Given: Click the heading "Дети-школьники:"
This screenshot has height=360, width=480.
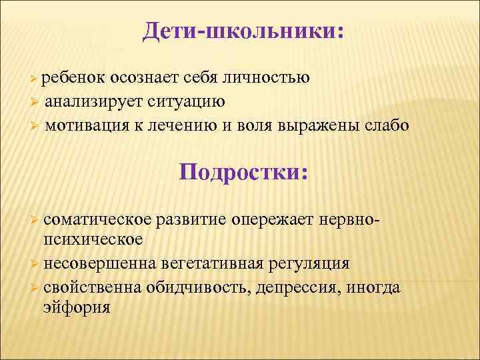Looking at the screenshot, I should pos(243,31).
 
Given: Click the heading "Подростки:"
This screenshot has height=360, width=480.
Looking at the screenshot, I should pos(243,172).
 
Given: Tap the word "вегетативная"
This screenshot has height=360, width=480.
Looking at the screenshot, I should pos(209,263).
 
